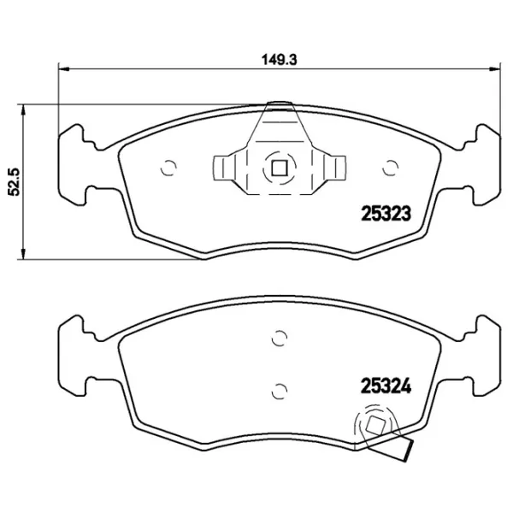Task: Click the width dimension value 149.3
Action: pos(279,61)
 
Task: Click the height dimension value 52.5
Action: pos(13,181)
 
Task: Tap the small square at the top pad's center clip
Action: pos(278,168)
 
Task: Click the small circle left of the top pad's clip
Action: pos(168,167)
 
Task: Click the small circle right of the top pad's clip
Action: pos(392,167)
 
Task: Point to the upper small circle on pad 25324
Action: pos(277,337)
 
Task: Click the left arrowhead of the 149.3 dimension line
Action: pos(62,70)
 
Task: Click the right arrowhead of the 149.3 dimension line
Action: pos(496,70)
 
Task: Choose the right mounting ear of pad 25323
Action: pos(483,162)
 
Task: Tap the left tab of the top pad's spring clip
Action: pos(224,168)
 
